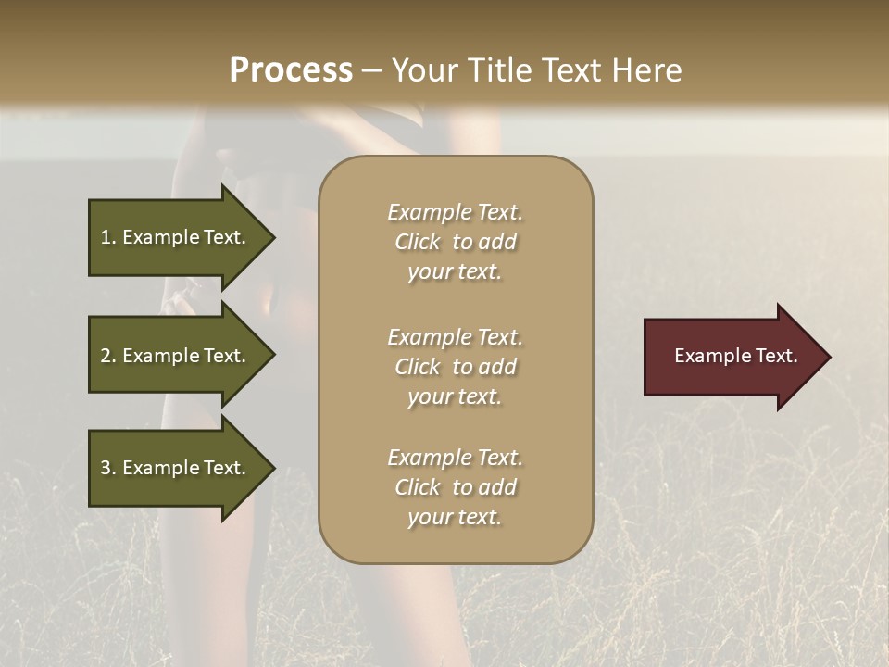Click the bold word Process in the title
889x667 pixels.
point(291,70)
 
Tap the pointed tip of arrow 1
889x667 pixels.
point(273,237)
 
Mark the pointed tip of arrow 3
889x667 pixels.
point(273,468)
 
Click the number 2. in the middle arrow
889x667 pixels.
point(108,356)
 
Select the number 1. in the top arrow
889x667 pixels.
point(108,237)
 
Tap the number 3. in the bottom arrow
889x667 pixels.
point(108,468)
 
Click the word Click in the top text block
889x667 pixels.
point(417,242)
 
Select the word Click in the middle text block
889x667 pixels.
point(417,367)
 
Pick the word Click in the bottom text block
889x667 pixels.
point(417,487)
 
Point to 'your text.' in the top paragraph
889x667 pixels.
point(455,272)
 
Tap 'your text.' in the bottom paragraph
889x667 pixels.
point(455,517)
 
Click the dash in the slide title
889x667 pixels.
point(371,71)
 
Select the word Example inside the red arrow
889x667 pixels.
point(707,356)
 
